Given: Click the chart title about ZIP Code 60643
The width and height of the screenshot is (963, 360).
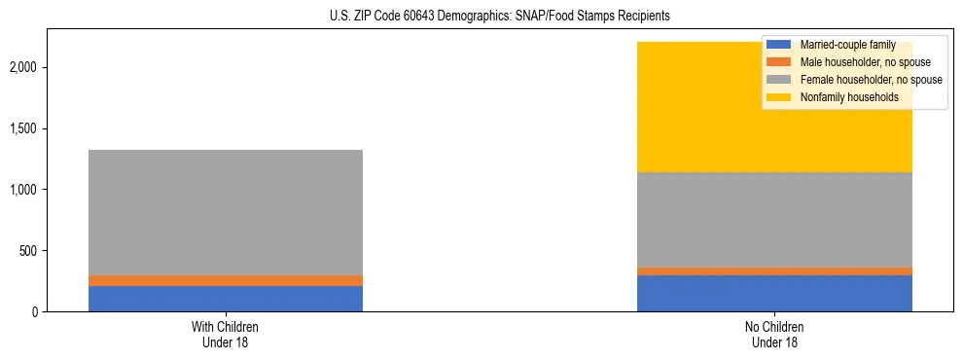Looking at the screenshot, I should tap(481, 17).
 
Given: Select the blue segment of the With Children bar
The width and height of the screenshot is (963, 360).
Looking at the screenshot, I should tap(226, 298).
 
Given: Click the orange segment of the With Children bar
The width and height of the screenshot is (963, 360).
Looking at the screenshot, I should tap(226, 280).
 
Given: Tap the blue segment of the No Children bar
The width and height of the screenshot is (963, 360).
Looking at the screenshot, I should tap(774, 293).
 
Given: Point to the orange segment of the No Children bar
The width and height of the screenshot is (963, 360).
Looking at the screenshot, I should tap(774, 270).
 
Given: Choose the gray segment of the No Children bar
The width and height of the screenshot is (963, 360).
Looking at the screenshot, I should tap(774, 219).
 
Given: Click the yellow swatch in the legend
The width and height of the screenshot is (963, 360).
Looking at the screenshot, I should tap(779, 97).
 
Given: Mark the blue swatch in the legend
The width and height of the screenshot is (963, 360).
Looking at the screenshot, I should tap(779, 45).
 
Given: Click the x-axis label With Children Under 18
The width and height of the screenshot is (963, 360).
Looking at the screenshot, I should tap(226, 334).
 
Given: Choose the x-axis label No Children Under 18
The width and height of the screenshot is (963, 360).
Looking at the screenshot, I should tap(774, 334).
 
